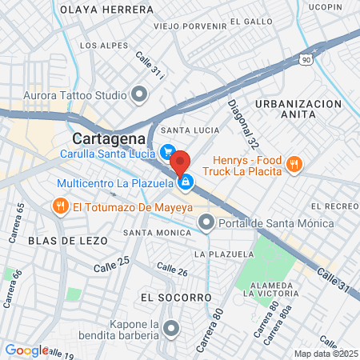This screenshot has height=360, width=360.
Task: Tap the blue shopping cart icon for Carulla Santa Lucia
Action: (168, 150)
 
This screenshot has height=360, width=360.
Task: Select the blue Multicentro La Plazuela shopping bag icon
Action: (186, 183)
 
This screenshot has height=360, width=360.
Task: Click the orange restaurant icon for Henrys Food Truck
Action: (294, 165)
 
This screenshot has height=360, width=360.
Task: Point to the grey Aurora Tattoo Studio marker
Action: (140, 95)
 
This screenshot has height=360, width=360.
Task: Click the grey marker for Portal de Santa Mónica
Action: (206, 222)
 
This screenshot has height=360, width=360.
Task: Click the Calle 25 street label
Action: (112, 264)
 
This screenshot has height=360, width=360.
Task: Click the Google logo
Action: (26, 350)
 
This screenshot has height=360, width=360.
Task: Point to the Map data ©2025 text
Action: (324, 354)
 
